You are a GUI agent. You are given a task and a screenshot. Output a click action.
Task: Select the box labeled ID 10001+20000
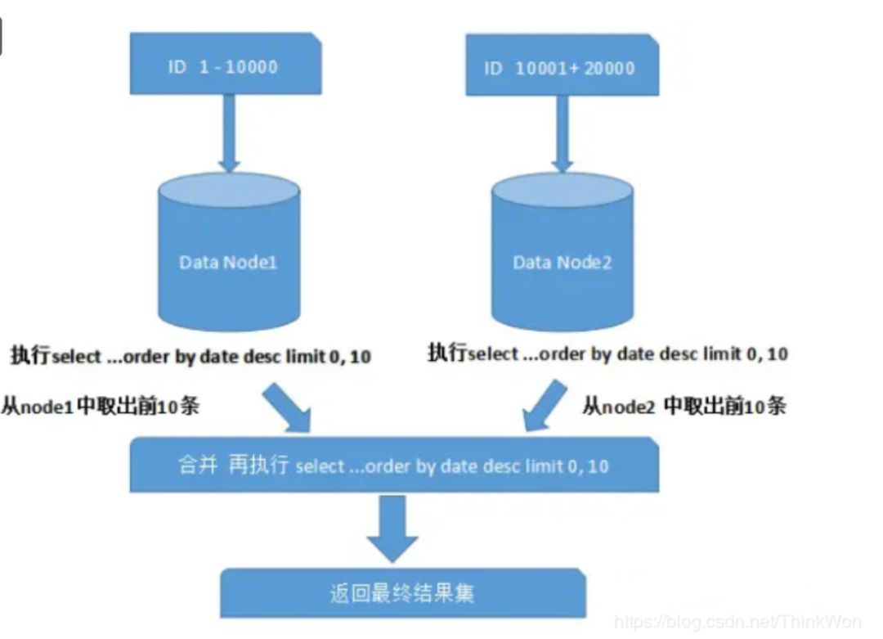pos(561,65)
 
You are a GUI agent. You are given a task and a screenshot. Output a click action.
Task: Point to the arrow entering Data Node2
pos(563,135)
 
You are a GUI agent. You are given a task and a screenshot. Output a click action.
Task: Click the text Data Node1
pos(228,263)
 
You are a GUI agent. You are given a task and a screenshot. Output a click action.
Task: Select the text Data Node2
pos(563,263)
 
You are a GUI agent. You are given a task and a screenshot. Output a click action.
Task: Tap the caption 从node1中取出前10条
pos(100,407)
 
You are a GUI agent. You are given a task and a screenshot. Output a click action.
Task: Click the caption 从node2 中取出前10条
pos(684,406)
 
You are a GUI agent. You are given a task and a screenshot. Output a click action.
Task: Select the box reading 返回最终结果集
pos(403,592)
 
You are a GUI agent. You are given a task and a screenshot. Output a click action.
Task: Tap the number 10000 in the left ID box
pos(251,67)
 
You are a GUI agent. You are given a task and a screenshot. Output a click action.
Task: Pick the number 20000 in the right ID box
pos(607,68)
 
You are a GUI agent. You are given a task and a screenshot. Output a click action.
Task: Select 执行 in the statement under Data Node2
pos(447,353)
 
